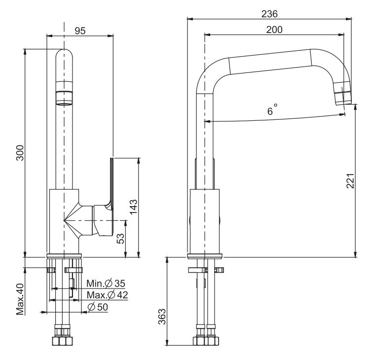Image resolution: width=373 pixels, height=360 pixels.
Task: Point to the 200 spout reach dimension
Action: click(x=274, y=30)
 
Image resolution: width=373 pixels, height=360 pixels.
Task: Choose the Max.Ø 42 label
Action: click(x=107, y=295)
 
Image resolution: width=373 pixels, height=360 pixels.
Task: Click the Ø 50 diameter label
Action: click(x=98, y=307)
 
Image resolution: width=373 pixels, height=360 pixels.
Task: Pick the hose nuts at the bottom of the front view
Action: click(x=64, y=341)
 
